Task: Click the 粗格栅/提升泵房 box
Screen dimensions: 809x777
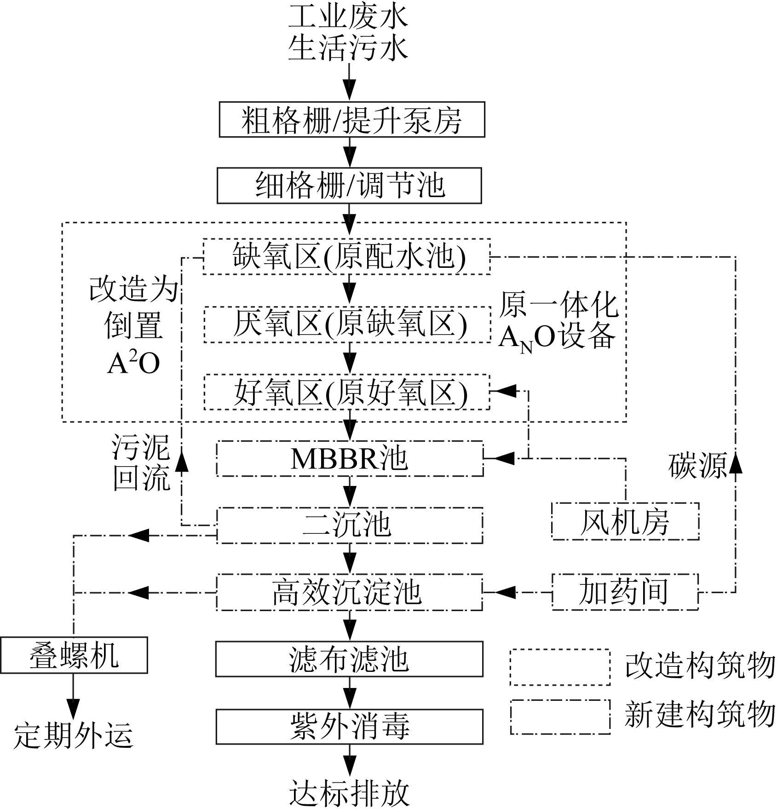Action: coord(352,120)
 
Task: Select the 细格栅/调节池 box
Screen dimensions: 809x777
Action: coord(349,185)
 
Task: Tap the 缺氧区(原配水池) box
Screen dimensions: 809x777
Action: coord(347,256)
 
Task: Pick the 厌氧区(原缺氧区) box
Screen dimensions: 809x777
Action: coord(347,324)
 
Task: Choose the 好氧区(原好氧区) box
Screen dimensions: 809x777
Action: coord(347,393)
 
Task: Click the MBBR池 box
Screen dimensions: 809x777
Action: coord(350,459)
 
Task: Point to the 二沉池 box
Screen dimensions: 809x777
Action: coord(350,526)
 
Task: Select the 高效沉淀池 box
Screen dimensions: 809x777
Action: coord(350,592)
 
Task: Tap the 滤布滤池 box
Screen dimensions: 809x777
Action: coord(350,659)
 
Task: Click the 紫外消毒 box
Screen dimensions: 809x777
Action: coord(350,727)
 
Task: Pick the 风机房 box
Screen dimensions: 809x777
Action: coord(625,521)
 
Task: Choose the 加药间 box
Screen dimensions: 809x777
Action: coord(625,592)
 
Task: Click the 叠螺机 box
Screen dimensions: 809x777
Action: coord(74,655)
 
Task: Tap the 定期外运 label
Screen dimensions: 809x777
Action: coord(74,735)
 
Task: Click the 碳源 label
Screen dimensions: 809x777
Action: coord(697,465)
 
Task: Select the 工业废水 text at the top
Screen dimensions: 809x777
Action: coord(348,17)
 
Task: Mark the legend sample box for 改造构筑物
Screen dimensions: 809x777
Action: coord(560,667)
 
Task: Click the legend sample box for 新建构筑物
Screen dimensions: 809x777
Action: coord(560,717)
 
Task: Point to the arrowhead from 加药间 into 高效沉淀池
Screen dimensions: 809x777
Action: coord(505,592)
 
